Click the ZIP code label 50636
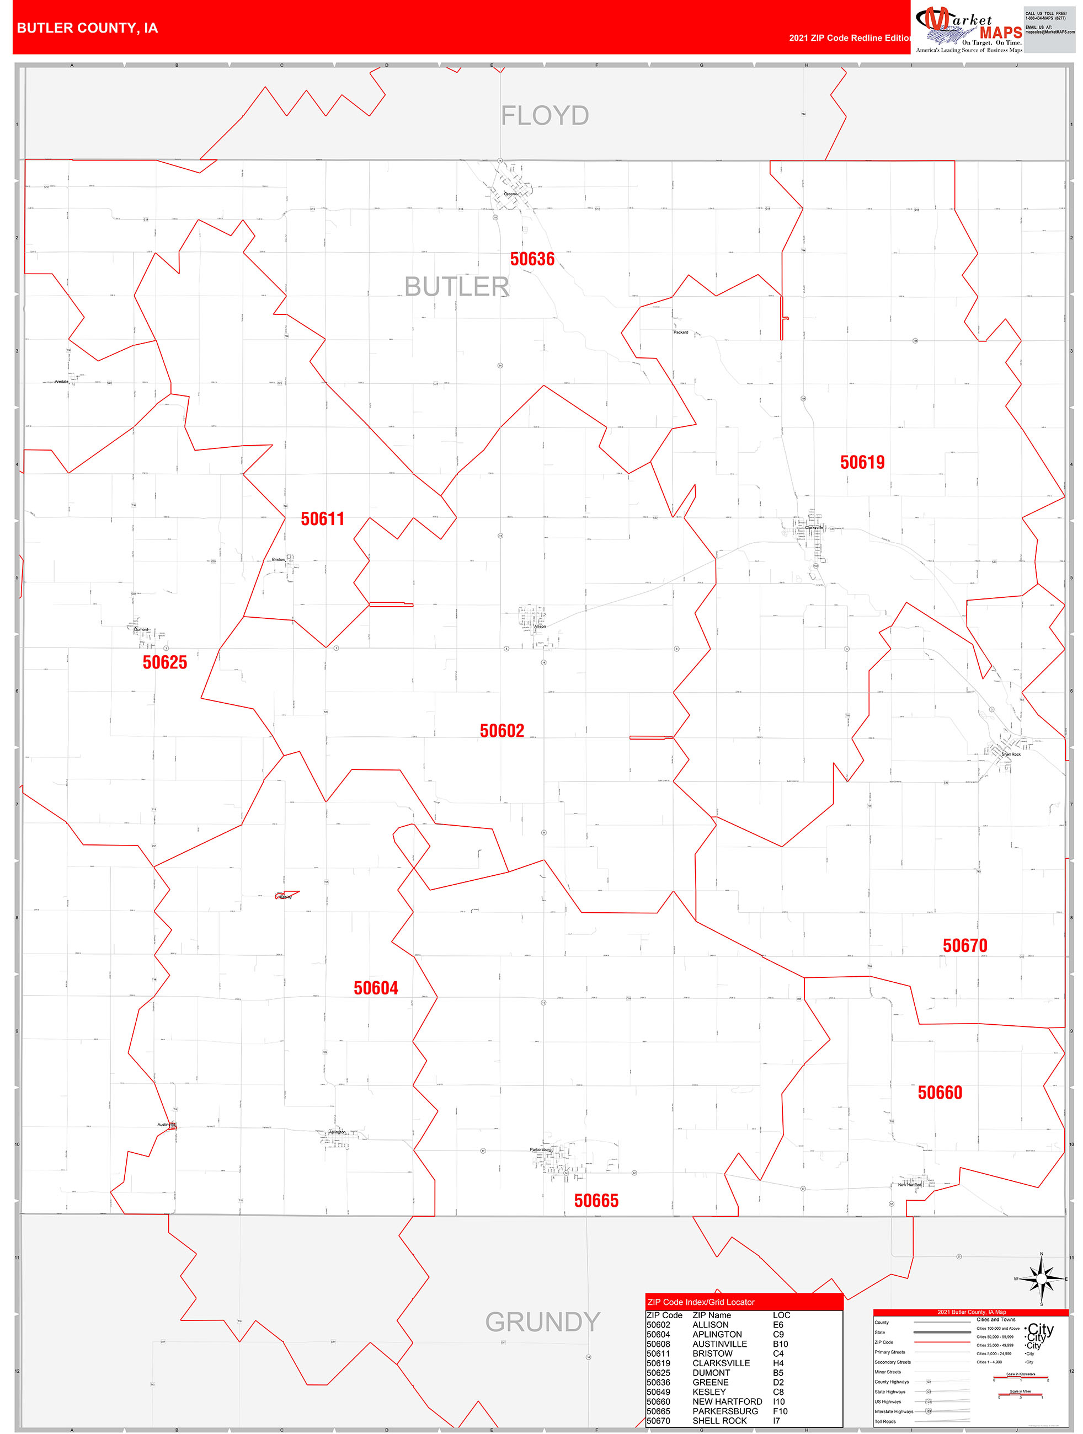[x=532, y=259]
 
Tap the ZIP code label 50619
[x=862, y=462]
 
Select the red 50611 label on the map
[x=322, y=518]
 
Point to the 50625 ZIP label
[x=165, y=662]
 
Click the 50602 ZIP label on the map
[x=502, y=731]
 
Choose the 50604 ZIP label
[x=376, y=988]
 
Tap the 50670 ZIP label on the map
[x=964, y=945]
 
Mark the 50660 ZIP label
[x=940, y=1093]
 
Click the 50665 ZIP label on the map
[x=596, y=1201]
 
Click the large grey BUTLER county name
[x=457, y=287]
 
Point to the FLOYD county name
[x=545, y=116]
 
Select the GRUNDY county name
[x=542, y=1322]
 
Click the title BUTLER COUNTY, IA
[x=87, y=28]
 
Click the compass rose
[x=1042, y=1278]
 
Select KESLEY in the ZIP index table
[x=709, y=1392]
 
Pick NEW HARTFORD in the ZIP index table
[x=727, y=1401]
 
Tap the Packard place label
[x=680, y=332]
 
